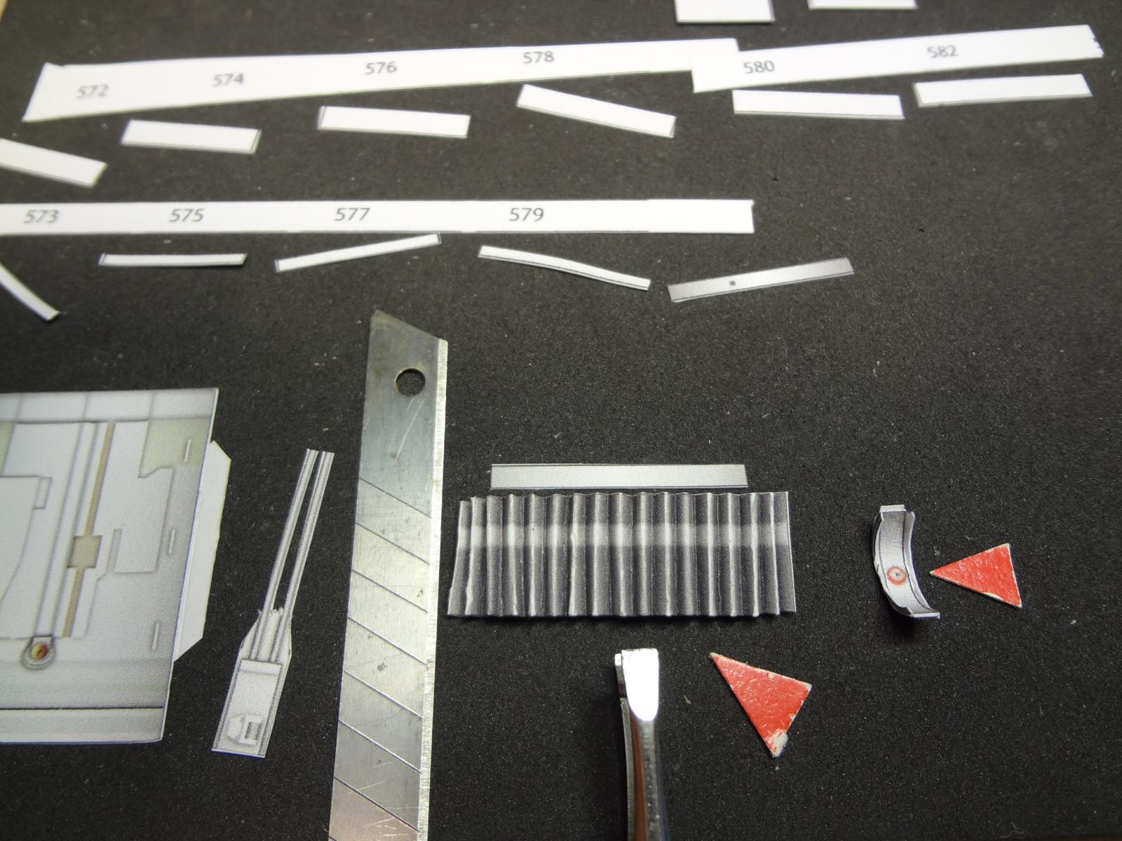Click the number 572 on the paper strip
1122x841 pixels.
point(93,91)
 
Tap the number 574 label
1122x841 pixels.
point(228,79)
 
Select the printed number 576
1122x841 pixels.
point(381,68)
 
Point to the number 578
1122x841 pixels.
point(539,57)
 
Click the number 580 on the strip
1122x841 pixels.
point(759,67)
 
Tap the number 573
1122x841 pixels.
point(41,217)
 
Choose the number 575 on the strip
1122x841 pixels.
point(187,215)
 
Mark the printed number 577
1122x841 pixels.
point(352,214)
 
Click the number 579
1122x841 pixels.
point(526,214)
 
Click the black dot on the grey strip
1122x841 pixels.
point(733,282)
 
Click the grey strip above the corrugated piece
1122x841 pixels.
point(619,477)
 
